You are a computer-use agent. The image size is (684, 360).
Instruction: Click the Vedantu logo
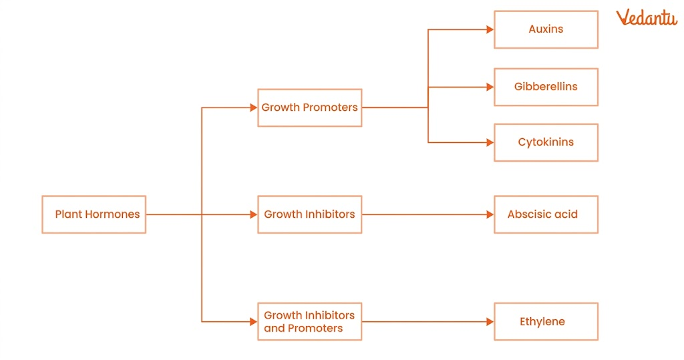pyautogui.click(x=646, y=17)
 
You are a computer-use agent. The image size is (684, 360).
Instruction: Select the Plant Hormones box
pyautogui.click(x=94, y=214)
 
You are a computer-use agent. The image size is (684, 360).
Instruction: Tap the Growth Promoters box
pyautogui.click(x=309, y=108)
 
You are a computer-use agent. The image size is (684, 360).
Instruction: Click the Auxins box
pyautogui.click(x=546, y=29)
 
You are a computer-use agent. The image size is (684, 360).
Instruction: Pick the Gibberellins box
pyautogui.click(x=546, y=87)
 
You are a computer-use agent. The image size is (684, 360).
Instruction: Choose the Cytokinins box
pyautogui.click(x=546, y=142)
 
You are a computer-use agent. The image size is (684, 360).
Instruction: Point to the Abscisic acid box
pyautogui.click(x=546, y=214)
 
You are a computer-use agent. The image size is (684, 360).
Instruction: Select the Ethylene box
pyautogui.click(x=546, y=321)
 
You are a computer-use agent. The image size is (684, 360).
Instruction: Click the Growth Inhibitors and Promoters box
pyautogui.click(x=309, y=321)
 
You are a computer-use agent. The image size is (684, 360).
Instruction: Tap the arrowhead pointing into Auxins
pyautogui.click(x=490, y=29)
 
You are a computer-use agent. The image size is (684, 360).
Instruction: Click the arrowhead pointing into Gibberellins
pyautogui.click(x=490, y=87)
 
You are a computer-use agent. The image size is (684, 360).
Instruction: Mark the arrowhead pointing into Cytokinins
pyautogui.click(x=490, y=142)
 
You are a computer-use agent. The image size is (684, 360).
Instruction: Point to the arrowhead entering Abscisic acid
pyautogui.click(x=490, y=214)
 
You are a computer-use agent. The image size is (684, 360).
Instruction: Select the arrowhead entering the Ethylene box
pyautogui.click(x=490, y=321)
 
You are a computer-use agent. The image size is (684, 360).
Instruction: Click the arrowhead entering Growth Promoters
pyautogui.click(x=253, y=108)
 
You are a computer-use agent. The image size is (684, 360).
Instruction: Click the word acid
pyautogui.click(x=566, y=214)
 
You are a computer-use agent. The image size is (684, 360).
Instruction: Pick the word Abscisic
pyautogui.click(x=530, y=214)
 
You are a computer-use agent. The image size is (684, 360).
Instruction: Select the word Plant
pyautogui.click(x=67, y=214)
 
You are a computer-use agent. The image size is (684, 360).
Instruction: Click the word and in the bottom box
pyautogui.click(x=274, y=328)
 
